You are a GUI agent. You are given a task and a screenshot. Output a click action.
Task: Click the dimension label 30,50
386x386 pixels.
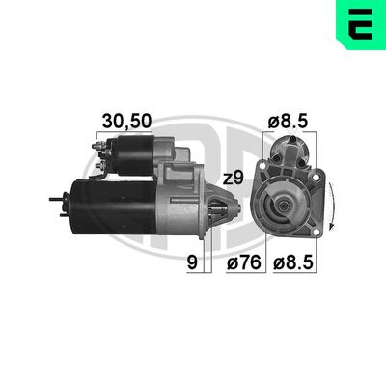126,121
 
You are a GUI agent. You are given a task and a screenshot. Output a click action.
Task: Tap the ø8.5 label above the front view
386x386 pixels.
288,122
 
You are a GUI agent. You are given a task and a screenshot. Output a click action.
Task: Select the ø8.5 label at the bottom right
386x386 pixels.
293,263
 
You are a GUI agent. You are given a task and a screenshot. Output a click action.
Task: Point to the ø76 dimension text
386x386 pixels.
243,263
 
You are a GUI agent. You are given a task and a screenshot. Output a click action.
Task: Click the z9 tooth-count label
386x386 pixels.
234,179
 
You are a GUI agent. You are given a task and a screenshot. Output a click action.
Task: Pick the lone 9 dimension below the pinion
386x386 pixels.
192,263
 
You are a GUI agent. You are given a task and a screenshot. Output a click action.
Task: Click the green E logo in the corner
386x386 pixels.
361,24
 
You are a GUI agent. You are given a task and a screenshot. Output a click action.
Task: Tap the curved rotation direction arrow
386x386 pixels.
332,206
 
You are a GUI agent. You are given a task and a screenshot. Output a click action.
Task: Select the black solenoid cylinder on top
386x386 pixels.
135,155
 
